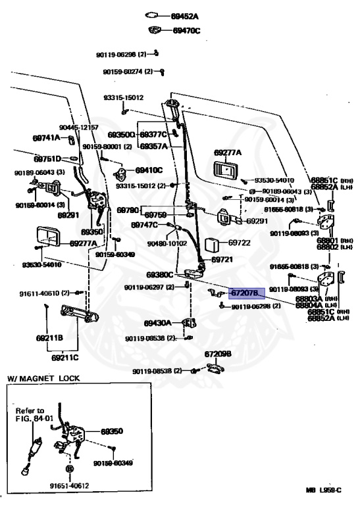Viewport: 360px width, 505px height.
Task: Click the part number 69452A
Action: point(186,15)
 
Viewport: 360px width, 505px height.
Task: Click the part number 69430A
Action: point(157,323)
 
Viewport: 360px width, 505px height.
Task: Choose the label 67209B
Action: point(218,354)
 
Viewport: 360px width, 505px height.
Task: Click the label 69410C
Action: point(149,170)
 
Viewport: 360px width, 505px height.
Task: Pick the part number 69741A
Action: point(46,138)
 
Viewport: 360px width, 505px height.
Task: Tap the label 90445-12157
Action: point(78,127)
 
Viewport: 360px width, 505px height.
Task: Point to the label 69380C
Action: point(159,274)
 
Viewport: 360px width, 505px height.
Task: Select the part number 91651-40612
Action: point(69,487)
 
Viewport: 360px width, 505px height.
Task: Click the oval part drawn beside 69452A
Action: point(151,14)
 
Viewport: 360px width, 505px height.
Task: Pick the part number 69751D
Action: point(47,158)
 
